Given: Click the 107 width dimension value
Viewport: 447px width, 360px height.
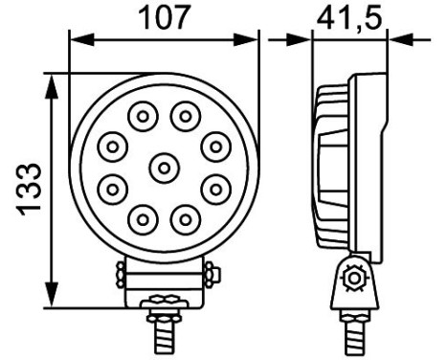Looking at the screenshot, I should pyautogui.click(x=165, y=17).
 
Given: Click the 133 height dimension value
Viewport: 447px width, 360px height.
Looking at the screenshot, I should pyautogui.click(x=30, y=187).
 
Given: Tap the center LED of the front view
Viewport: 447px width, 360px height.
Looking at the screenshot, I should pyautogui.click(x=164, y=168).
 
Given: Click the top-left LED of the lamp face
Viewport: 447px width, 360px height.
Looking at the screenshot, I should pyautogui.click(x=143, y=118).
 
